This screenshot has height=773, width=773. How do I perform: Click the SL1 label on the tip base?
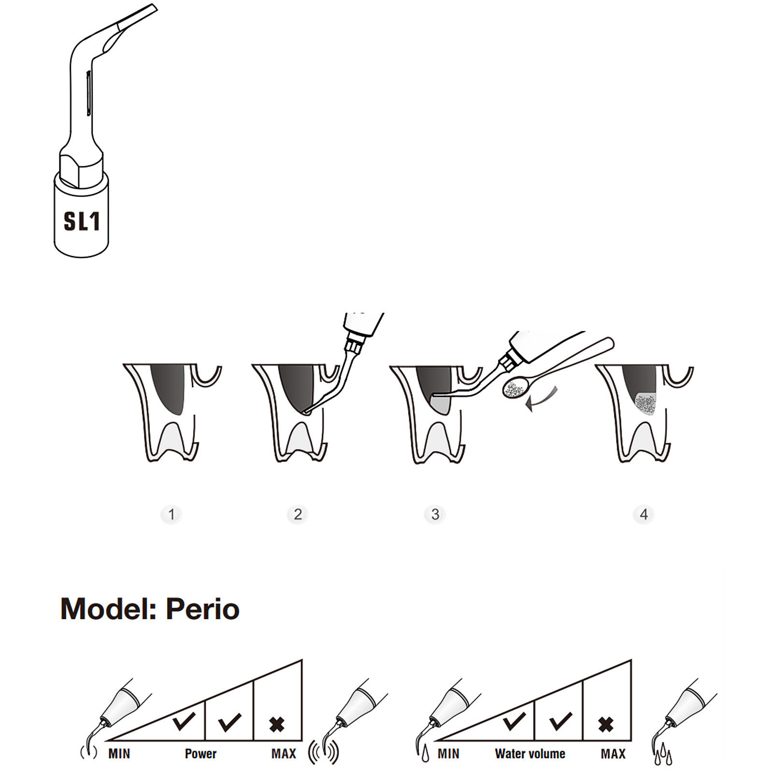pyautogui.click(x=82, y=221)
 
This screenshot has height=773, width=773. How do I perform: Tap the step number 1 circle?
pyautogui.click(x=171, y=514)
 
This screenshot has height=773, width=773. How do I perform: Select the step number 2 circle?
pyautogui.click(x=298, y=514)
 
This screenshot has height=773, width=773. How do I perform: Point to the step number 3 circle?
pyautogui.click(x=435, y=514)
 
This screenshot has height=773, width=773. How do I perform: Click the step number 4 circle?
pyautogui.click(x=644, y=514)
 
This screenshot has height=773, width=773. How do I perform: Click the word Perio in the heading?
pyautogui.click(x=202, y=609)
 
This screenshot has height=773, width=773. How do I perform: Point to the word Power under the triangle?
pyautogui.click(x=200, y=754)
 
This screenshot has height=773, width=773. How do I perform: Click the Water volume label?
pyautogui.click(x=530, y=754)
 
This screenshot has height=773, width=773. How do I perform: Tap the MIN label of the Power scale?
pyautogui.click(x=119, y=754)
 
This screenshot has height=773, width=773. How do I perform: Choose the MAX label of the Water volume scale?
pyautogui.click(x=613, y=754)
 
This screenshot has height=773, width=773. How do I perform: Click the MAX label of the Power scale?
pyautogui.click(x=284, y=754)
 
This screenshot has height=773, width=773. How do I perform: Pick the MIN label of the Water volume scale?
pyautogui.click(x=448, y=754)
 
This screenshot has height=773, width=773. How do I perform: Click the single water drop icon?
pyautogui.click(x=425, y=754)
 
